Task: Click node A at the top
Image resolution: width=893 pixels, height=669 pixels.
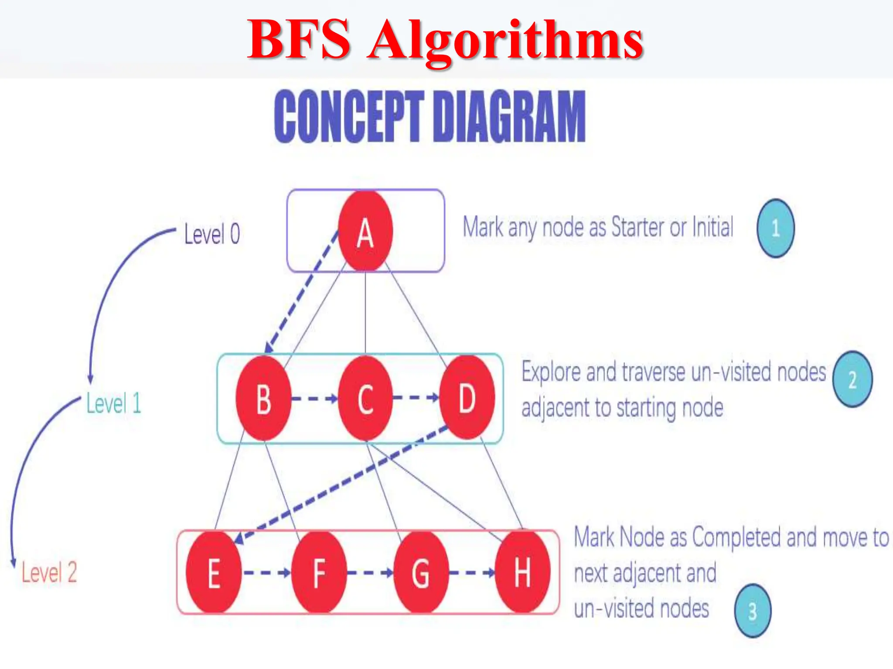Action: (365, 231)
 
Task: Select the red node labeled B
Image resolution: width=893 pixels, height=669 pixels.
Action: (263, 398)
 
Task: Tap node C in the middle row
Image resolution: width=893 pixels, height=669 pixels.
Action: (365, 398)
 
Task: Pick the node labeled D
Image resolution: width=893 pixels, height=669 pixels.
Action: (467, 397)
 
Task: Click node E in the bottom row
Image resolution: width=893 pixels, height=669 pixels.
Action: (214, 572)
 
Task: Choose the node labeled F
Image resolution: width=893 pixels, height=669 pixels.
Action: (319, 572)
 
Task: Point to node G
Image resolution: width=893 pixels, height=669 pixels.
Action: (421, 572)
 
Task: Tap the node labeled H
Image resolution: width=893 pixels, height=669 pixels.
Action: (522, 571)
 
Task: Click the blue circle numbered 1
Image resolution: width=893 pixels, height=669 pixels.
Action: (775, 228)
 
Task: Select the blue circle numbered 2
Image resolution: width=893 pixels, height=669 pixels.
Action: (852, 379)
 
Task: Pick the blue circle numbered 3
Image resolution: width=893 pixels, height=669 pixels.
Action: (753, 611)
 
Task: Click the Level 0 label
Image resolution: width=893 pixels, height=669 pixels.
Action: (212, 234)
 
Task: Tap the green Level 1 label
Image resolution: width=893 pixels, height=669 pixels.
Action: (114, 403)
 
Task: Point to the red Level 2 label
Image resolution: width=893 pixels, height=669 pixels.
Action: (49, 572)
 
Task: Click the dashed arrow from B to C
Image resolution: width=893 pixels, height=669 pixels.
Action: (314, 398)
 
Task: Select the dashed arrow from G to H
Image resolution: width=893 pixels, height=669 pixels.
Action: (472, 572)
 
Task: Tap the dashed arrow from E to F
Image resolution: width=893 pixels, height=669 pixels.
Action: (266, 572)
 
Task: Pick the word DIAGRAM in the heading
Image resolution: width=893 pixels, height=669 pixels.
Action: (509, 117)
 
